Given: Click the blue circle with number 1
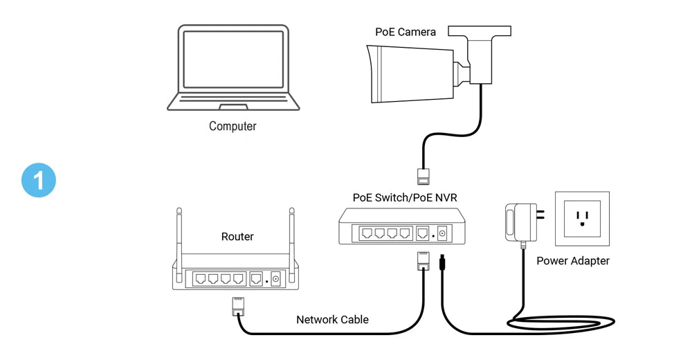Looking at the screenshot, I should point(38,180).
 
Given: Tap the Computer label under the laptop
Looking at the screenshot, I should point(233,127).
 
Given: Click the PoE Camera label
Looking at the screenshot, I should point(406,32).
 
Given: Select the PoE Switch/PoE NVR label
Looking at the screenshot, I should point(405,197).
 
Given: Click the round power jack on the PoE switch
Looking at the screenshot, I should point(441,234).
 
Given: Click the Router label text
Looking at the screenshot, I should point(237,237).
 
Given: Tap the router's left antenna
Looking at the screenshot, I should point(179,235).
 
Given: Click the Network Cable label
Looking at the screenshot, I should point(332,320).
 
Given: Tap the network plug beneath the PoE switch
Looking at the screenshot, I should point(422,261).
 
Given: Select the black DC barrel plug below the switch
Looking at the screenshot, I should point(441,264).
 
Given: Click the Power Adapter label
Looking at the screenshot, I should point(573,261).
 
